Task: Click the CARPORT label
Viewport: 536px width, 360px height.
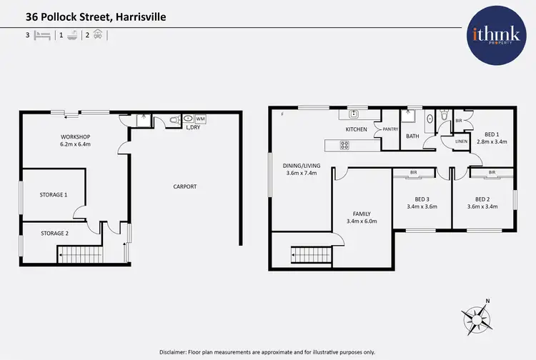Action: tap(184, 187)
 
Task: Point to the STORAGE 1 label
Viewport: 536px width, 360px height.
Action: tap(54, 194)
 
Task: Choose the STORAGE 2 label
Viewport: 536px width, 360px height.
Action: tap(54, 233)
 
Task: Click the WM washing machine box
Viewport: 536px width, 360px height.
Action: tap(200, 119)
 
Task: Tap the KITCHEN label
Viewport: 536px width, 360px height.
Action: tap(356, 129)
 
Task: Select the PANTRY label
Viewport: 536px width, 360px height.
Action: tap(390, 129)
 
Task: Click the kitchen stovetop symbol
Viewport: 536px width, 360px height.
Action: tap(344, 145)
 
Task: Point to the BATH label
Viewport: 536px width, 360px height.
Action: tap(412, 136)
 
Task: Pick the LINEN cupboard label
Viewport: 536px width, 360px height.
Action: tap(461, 141)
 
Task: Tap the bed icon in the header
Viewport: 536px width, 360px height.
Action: tap(42, 34)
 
